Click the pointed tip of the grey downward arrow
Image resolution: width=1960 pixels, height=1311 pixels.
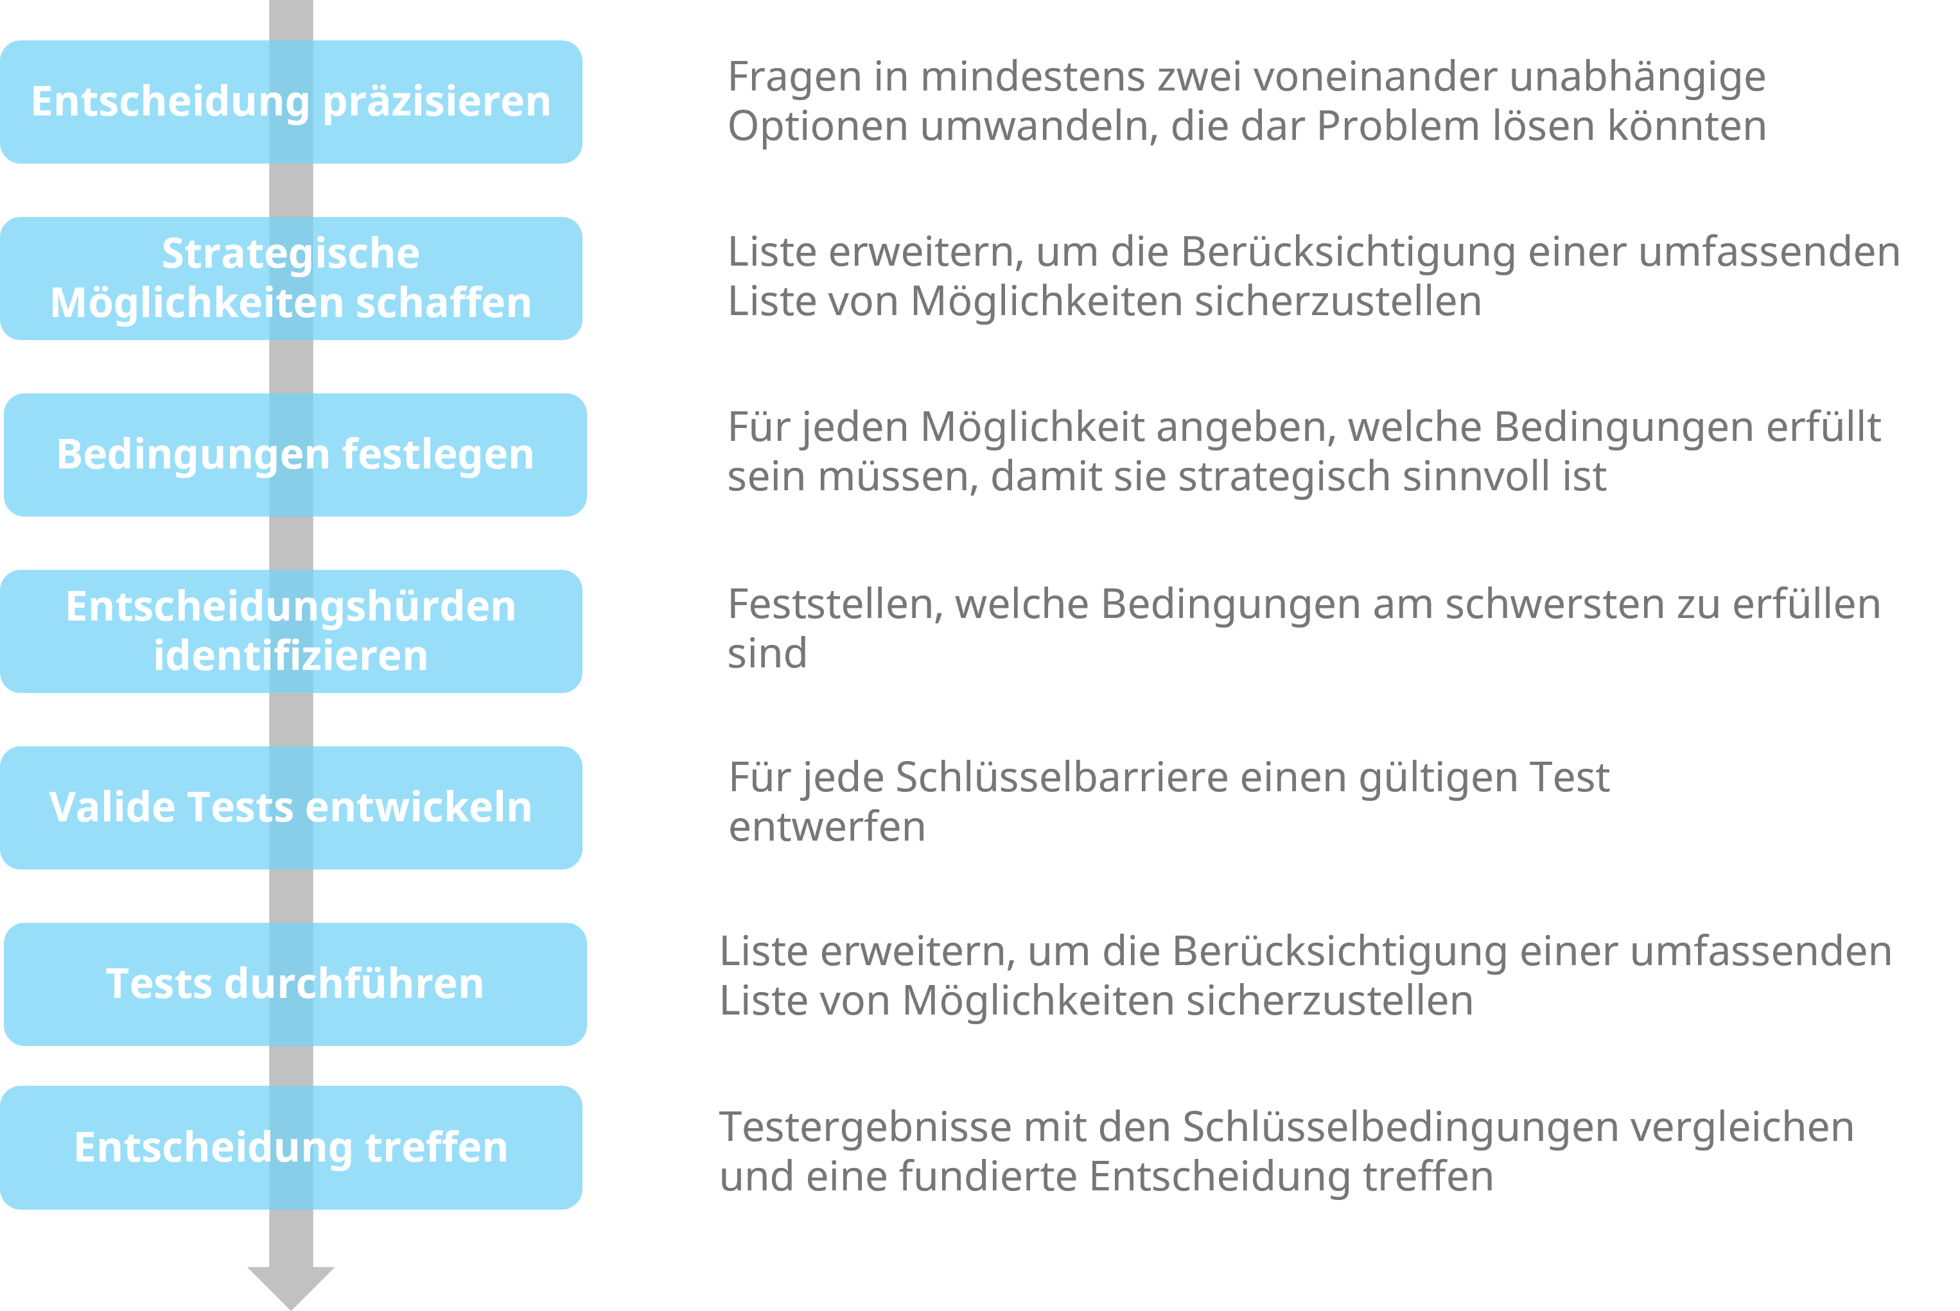tap(291, 1309)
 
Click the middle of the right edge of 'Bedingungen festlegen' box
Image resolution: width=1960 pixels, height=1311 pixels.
tap(586, 455)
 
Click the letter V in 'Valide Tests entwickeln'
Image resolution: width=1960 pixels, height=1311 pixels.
tap(63, 808)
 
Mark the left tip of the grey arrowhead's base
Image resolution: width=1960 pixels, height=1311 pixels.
tap(248, 1267)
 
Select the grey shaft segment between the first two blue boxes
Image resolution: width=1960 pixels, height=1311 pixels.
tap(291, 190)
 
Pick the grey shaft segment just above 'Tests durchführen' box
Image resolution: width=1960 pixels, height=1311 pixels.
tap(291, 896)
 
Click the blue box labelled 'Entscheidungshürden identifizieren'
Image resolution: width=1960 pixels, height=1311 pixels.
tap(291, 631)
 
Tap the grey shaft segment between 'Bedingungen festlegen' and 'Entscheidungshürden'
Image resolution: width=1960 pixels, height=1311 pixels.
tap(291, 544)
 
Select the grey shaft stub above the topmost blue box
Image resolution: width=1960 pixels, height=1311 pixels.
tap(291, 20)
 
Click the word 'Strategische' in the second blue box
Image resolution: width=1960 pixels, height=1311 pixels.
tap(290, 254)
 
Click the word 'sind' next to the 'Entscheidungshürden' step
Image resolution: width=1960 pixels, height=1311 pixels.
tap(767, 654)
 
